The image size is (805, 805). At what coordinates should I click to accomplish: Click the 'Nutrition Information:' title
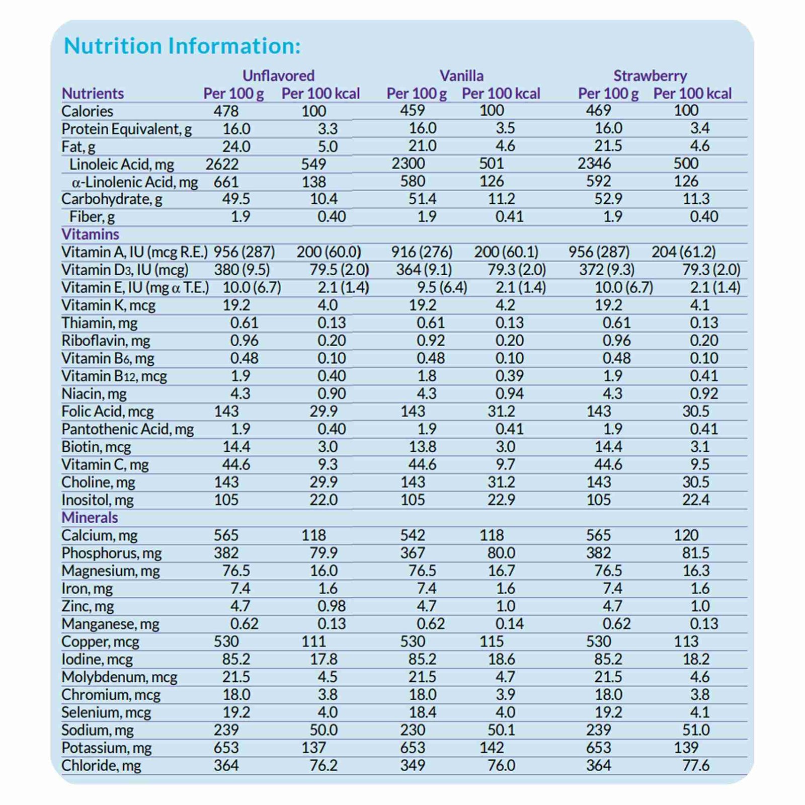pyautogui.click(x=182, y=46)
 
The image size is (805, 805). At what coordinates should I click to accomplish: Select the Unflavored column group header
pyautogui.click(x=278, y=75)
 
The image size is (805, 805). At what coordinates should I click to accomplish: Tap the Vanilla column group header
pyautogui.click(x=461, y=75)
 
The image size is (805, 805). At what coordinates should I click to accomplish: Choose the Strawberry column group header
pyautogui.click(x=650, y=75)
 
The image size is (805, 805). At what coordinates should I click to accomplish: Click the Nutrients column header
pyautogui.click(x=93, y=94)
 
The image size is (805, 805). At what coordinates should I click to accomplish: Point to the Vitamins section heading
pyautogui.click(x=90, y=234)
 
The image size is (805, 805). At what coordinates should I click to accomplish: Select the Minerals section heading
pyautogui.click(x=90, y=517)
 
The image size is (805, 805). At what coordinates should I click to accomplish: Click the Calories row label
pyautogui.click(x=87, y=111)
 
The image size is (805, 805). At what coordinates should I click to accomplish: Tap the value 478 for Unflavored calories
pyautogui.click(x=226, y=111)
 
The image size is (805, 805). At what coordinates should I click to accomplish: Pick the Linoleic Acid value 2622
pyautogui.click(x=222, y=164)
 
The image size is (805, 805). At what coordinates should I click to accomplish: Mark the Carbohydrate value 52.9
pyautogui.click(x=608, y=199)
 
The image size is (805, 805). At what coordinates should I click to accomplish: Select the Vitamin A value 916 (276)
pyautogui.click(x=422, y=252)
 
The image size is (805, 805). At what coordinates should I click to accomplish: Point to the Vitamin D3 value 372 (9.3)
pyautogui.click(x=607, y=270)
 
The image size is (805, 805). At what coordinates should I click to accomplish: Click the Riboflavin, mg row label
pyautogui.click(x=106, y=341)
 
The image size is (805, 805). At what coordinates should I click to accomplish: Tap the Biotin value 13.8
pyautogui.click(x=422, y=447)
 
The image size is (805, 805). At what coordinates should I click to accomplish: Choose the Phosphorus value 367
pyautogui.click(x=413, y=553)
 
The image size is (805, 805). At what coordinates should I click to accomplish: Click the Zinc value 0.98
pyautogui.click(x=331, y=606)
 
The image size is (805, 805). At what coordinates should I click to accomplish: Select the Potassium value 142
pyautogui.click(x=492, y=748)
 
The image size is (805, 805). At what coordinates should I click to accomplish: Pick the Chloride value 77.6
pyautogui.click(x=696, y=765)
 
